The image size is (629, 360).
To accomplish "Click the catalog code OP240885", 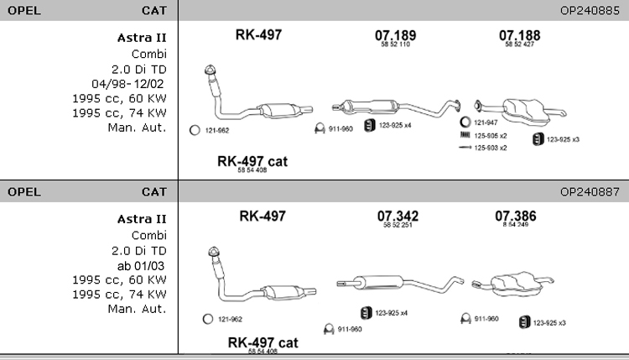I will click(x=589, y=11).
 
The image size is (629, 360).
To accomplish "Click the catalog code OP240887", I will click(x=589, y=191).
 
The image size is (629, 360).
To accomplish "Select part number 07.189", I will click(x=395, y=35).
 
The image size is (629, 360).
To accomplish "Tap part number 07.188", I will click(x=519, y=35).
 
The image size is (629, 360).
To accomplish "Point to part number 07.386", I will click(x=515, y=216).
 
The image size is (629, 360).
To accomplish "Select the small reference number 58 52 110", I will click(x=395, y=45).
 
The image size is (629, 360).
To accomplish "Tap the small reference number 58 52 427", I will click(x=519, y=45).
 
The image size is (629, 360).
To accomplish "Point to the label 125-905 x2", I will click(x=491, y=135).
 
